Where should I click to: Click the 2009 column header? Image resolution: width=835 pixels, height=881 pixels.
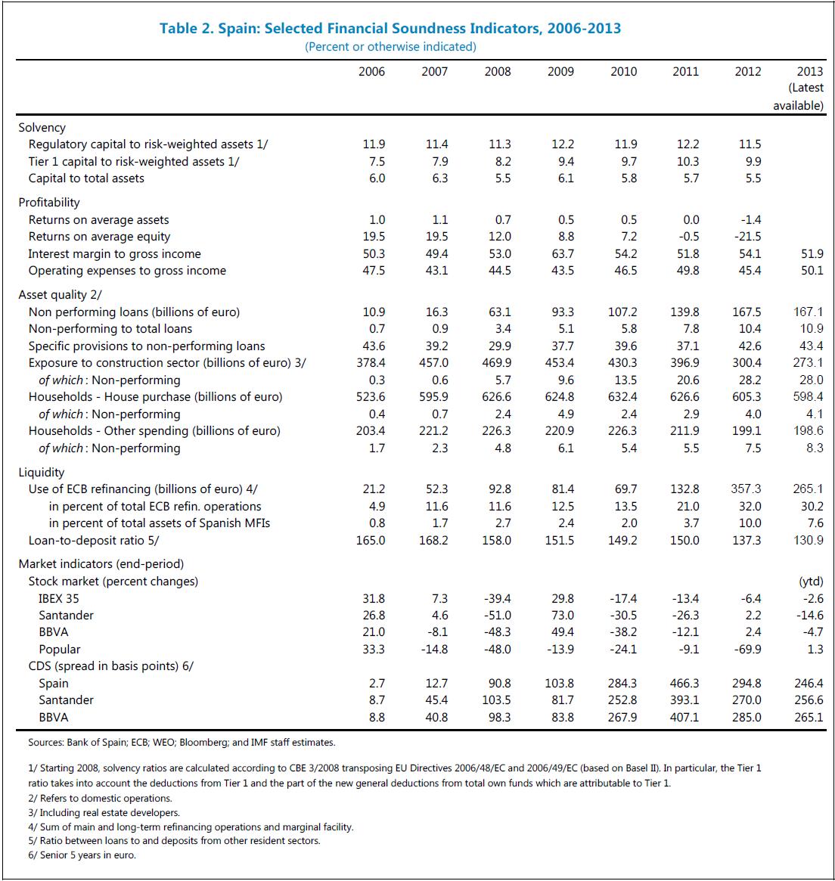[560, 72]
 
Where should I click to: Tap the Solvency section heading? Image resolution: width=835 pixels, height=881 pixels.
[42, 128]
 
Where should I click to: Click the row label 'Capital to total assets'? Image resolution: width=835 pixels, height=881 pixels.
[86, 178]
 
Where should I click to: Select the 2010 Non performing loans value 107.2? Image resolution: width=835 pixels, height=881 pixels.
[622, 312]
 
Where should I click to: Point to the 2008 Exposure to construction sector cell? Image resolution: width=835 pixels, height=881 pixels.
[497, 363]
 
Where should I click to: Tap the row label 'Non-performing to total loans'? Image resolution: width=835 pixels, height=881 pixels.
[110, 329]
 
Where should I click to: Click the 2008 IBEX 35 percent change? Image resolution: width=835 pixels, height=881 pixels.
[497, 599]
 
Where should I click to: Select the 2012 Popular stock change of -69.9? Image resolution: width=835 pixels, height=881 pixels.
[747, 650]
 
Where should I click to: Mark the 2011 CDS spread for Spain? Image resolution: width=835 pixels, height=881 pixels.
[684, 684]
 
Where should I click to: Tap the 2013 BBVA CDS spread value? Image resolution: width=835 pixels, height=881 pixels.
[809, 718]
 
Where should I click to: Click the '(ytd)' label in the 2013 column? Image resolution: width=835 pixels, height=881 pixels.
[811, 582]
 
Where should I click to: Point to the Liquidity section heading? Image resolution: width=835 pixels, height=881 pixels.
[42, 473]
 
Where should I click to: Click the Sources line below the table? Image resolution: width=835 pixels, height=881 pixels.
[182, 743]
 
